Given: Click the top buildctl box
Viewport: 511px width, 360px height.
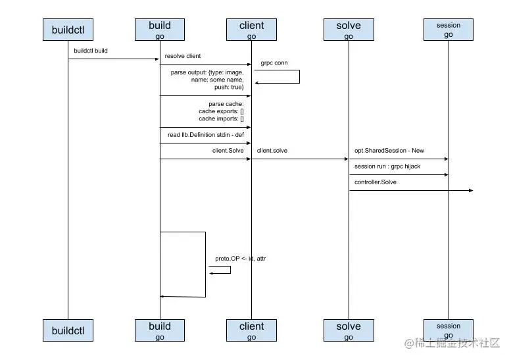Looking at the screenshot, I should pyautogui.click(x=68, y=30).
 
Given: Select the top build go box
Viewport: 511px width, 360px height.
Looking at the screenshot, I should pyautogui.click(x=160, y=30).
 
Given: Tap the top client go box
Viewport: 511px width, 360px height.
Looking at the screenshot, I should pyautogui.click(x=251, y=30).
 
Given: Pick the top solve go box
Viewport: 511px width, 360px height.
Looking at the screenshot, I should pyautogui.click(x=349, y=30).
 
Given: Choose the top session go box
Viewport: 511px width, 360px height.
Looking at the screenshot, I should pyautogui.click(x=449, y=30).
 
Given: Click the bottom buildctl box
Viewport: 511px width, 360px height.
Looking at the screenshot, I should pyautogui.click(x=68, y=330).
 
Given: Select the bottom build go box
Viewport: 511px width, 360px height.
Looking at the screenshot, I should pyautogui.click(x=160, y=330).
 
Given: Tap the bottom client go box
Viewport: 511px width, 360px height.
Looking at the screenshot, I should pyautogui.click(x=251, y=330).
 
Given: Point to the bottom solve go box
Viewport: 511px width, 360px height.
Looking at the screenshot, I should pyautogui.click(x=349, y=330).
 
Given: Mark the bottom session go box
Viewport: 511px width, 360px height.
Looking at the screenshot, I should pyautogui.click(x=449, y=330).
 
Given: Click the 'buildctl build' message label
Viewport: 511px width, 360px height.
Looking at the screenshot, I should pyautogui.click(x=91, y=50).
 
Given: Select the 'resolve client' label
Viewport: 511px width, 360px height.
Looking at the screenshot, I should pyautogui.click(x=182, y=56).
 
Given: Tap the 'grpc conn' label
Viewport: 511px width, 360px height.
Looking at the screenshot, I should pyautogui.click(x=274, y=63).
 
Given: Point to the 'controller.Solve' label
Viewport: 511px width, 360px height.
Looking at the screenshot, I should pyautogui.click(x=376, y=182).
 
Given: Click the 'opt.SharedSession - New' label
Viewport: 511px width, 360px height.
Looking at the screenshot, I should pyautogui.click(x=389, y=151).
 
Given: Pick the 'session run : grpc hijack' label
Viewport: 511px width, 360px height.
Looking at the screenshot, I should pyautogui.click(x=387, y=167).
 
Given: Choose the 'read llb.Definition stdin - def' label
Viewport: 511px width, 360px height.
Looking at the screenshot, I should pyautogui.click(x=205, y=135).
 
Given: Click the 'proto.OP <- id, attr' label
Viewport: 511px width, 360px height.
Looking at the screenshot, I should pyautogui.click(x=240, y=259).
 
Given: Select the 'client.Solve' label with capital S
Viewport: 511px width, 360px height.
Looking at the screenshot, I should pyautogui.click(x=228, y=151).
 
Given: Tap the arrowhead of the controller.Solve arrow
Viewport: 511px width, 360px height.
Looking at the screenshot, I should pyautogui.click(x=470, y=191).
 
